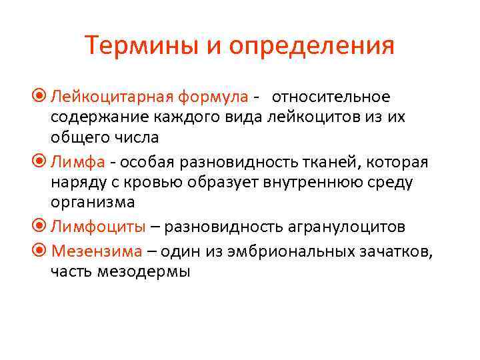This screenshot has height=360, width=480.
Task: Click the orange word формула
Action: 212,97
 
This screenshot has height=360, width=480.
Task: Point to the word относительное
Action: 331,97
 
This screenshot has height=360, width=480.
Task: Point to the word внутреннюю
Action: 292,181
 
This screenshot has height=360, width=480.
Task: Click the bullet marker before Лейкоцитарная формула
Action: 42,97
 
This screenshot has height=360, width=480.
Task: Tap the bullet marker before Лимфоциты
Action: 42,227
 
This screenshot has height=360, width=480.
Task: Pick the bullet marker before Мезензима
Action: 42,251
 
